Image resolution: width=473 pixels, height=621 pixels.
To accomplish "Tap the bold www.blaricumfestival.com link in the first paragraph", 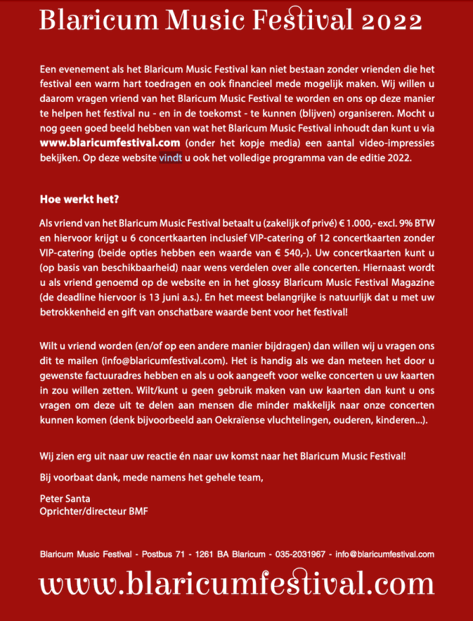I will point(109,143).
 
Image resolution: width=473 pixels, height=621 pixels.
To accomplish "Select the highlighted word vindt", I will point(170,158).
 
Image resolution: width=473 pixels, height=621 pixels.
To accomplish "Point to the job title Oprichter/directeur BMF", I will point(93,511).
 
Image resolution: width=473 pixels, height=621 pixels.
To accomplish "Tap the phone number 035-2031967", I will point(300,554).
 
